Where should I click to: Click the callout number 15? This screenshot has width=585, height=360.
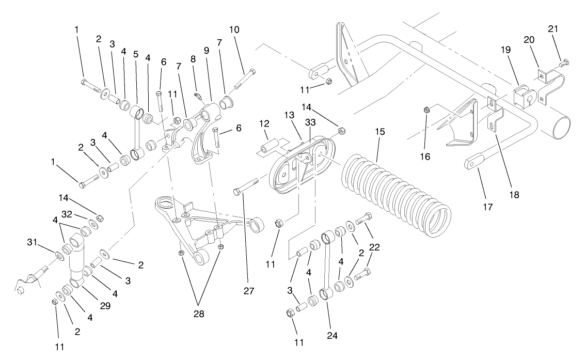click(x=380, y=132)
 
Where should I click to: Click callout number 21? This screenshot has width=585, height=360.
click(x=553, y=29)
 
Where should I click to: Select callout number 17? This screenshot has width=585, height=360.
click(x=488, y=207)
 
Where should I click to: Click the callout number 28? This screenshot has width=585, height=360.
click(x=199, y=314)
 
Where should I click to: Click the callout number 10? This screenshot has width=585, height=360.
click(x=234, y=29)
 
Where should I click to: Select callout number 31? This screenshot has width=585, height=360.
click(x=31, y=242)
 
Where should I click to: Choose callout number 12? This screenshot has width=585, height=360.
click(x=265, y=123)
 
